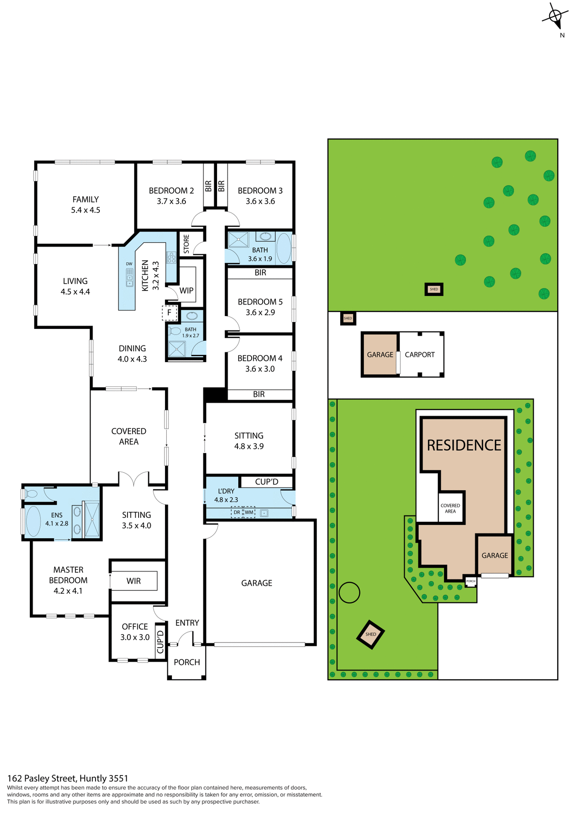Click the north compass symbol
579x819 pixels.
(x=556, y=17)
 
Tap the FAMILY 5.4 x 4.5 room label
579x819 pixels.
(x=85, y=204)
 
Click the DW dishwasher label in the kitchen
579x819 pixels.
(x=129, y=264)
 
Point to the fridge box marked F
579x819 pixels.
(x=169, y=313)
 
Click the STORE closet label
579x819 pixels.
(x=186, y=244)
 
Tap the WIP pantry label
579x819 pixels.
(x=186, y=290)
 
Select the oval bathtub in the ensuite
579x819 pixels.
(x=33, y=521)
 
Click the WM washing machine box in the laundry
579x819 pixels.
(x=249, y=512)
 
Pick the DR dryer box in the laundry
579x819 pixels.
(x=237, y=512)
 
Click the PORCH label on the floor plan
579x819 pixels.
(x=187, y=662)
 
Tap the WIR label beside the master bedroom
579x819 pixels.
(x=133, y=581)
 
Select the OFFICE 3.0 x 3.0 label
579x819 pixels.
(x=135, y=632)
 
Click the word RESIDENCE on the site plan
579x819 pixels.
(x=464, y=445)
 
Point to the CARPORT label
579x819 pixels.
(x=420, y=354)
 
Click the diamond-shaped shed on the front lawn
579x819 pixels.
(x=371, y=634)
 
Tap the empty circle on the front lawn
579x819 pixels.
(x=349, y=592)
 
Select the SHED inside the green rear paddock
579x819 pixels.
(x=434, y=289)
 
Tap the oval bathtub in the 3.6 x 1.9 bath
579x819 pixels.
(x=284, y=248)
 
